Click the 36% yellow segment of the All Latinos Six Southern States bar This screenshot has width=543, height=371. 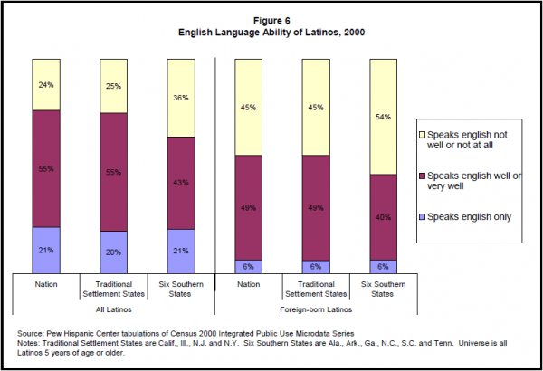click(181, 98)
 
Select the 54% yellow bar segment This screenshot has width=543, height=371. click(384, 116)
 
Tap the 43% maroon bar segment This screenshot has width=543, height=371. click(181, 183)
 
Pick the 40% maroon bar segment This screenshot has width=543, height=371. click(384, 217)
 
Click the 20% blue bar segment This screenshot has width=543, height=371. click(113, 252)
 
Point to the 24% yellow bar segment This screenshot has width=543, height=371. click(45, 85)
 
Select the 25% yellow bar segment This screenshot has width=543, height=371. click(113, 86)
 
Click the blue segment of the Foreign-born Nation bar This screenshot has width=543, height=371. click(248, 266)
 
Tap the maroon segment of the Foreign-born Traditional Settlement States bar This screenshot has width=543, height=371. click(316, 207)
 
